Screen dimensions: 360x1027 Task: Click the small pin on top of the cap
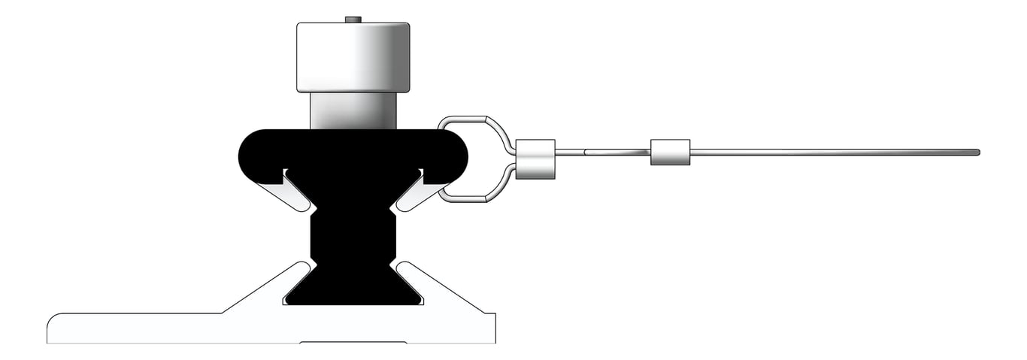(353, 19)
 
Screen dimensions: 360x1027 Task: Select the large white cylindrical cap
(353, 57)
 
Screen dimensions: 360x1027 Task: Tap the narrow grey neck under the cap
(353, 110)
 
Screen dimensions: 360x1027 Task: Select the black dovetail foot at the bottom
(353, 289)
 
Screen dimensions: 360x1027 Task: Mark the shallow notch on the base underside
(353, 343)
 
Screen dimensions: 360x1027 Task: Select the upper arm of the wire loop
(474, 119)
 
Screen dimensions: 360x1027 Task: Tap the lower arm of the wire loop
(474, 198)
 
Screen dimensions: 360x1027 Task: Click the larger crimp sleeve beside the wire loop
(535, 159)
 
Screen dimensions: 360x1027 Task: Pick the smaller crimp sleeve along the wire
(670, 153)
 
